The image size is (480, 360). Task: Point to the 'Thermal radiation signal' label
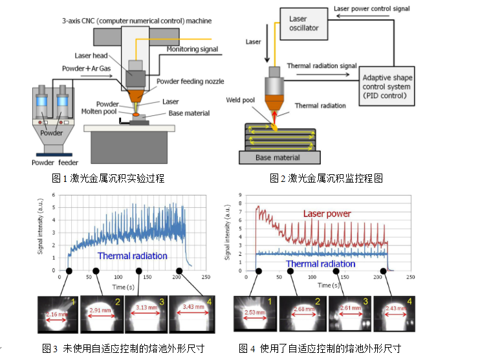321,65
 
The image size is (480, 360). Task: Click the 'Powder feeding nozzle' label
190,81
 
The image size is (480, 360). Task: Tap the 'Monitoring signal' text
192,49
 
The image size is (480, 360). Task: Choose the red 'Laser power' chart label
327,213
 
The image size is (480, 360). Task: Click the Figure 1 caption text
108,178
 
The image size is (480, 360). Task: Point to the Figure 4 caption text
320,348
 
